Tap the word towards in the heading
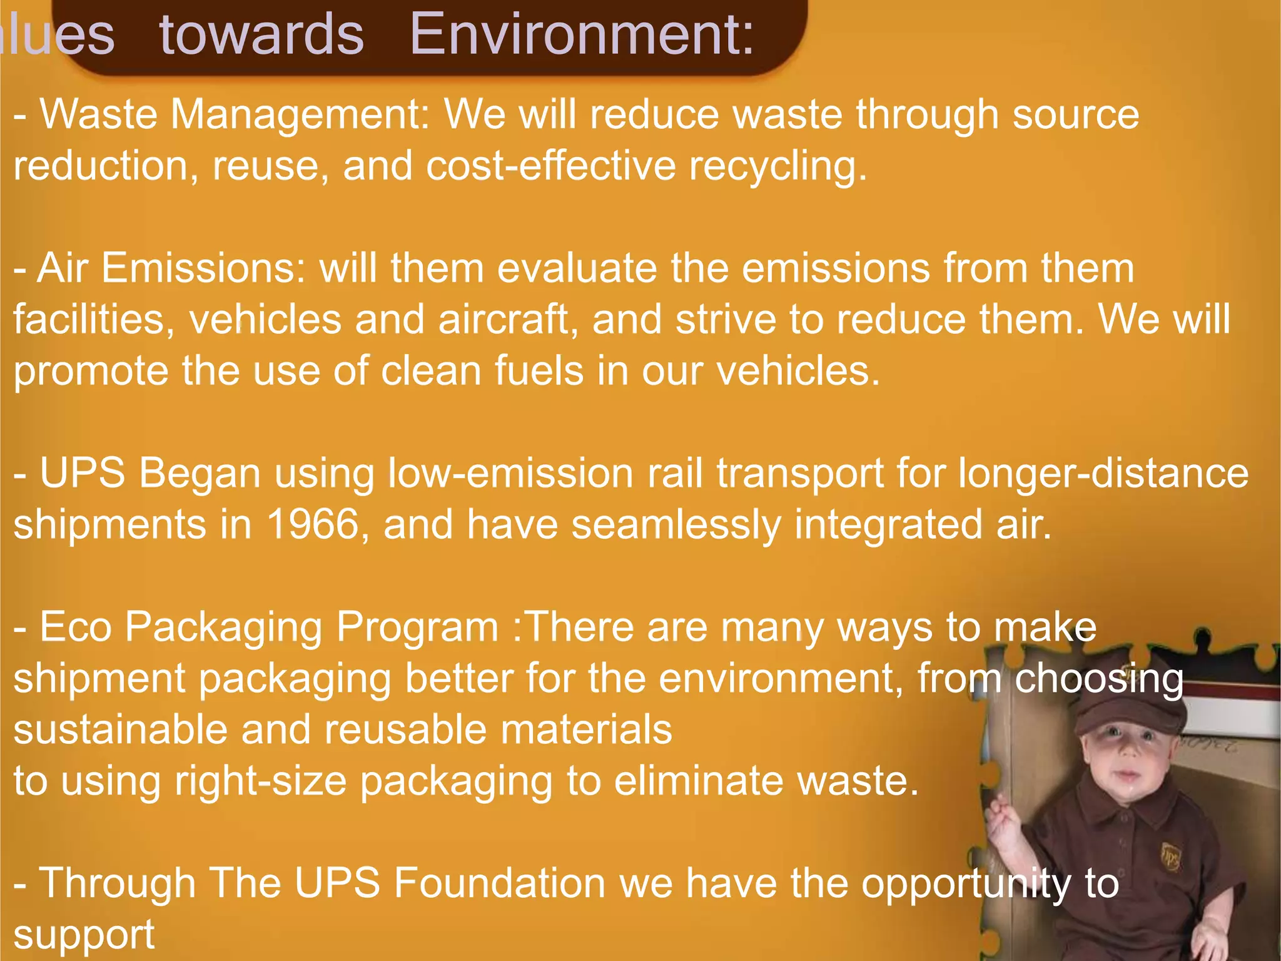click(x=261, y=34)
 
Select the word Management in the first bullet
click(x=300, y=114)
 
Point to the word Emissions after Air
click(x=203, y=268)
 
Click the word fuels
click(x=539, y=371)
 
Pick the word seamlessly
click(x=676, y=524)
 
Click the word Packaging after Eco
click(x=223, y=627)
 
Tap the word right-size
click(x=260, y=781)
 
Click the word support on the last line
click(x=84, y=935)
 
